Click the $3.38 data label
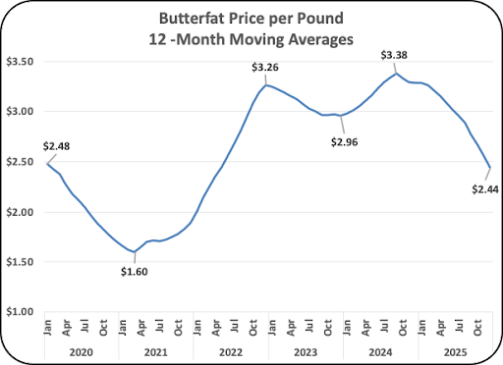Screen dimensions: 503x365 point(394,55)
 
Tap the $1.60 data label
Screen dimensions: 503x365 point(135,272)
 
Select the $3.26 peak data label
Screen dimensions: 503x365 point(265,67)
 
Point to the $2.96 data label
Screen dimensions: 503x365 point(345,142)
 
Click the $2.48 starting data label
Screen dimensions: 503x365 point(56,146)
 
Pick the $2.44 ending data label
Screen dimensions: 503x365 point(485,189)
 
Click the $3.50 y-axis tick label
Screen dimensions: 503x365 point(20,62)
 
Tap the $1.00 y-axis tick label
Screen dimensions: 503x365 point(20,312)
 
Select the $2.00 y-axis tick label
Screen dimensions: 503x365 point(20,212)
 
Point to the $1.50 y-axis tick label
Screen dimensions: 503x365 point(20,262)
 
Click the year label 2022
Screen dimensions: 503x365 point(231,352)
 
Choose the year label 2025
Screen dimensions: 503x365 point(455,352)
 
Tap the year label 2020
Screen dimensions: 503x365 point(82,352)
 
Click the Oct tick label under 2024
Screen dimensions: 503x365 point(403,328)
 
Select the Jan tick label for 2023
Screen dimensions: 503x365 point(272,328)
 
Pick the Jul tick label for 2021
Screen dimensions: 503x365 point(159,327)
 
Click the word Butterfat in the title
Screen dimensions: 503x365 point(192,19)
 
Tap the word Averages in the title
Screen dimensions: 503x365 point(321,39)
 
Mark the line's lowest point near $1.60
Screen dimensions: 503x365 point(135,252)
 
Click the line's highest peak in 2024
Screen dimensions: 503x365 point(397,74)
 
